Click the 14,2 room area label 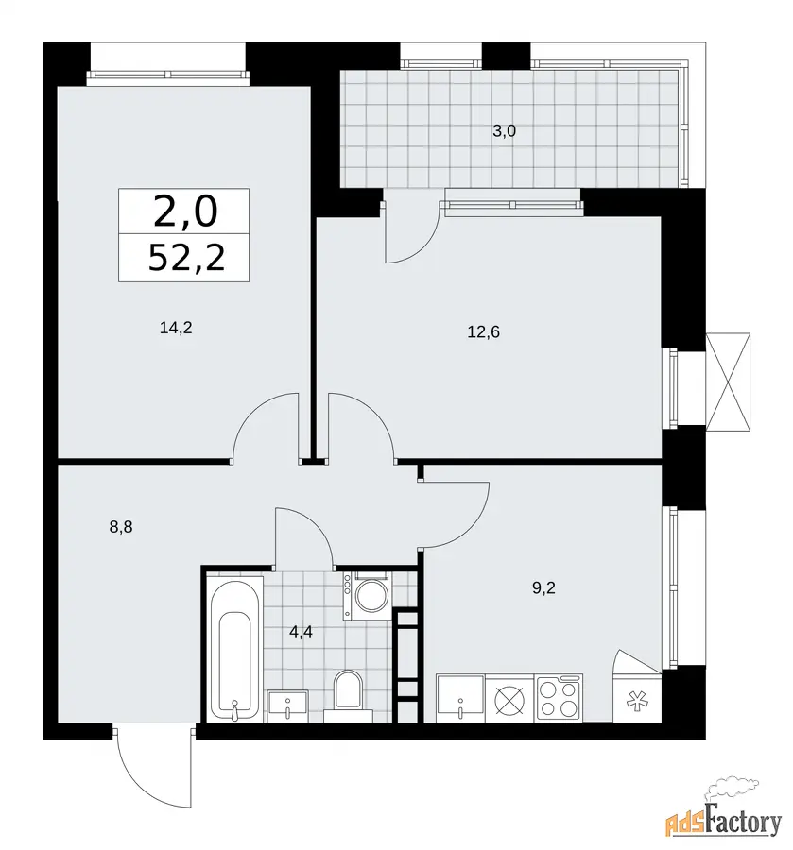(x=177, y=328)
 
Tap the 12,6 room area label (x=483, y=331)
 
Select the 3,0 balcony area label (x=504, y=131)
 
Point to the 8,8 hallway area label (x=121, y=527)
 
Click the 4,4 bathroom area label (x=301, y=632)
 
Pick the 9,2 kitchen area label (x=543, y=588)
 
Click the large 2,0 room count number (x=185, y=212)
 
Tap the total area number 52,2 (x=186, y=258)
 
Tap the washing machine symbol (x=366, y=595)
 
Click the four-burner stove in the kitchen (x=559, y=698)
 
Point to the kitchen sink (x=460, y=698)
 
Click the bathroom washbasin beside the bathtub (x=287, y=705)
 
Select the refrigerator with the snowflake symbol (x=637, y=698)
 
